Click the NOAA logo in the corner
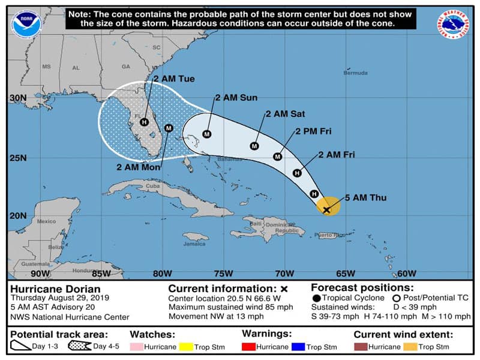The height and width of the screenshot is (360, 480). tap(23, 22)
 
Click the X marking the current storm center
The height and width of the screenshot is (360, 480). tap(327, 210)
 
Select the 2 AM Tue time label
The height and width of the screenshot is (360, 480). tap(174, 79)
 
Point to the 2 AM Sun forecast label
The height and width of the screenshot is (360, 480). tap(236, 97)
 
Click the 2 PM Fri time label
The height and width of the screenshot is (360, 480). tap(313, 131)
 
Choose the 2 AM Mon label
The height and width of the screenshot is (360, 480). tap(137, 167)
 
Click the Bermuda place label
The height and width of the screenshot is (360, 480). tap(355, 73)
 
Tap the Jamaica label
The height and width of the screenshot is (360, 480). tap(194, 244)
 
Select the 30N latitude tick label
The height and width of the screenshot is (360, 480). tap(19, 98)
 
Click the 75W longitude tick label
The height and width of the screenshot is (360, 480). tap(223, 274)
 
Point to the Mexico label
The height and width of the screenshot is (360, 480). tap(46, 221)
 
